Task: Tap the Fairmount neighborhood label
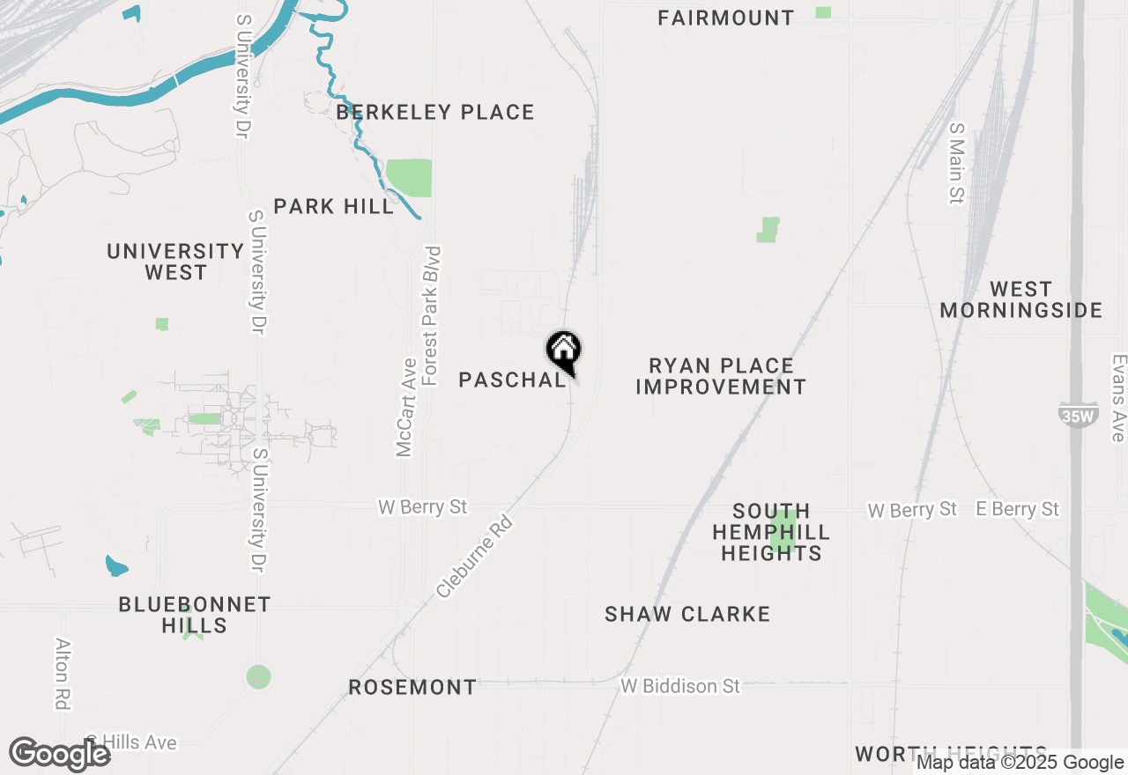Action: [x=725, y=18]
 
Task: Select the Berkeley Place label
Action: [x=435, y=113]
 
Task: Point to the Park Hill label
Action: [x=333, y=207]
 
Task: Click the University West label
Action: [x=175, y=262]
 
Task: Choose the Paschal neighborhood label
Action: [x=512, y=380]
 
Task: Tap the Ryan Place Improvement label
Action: [x=721, y=376]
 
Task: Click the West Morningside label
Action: [x=1020, y=299]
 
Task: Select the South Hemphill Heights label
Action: [x=771, y=532]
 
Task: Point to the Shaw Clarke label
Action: [x=687, y=614]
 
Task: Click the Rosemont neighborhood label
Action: [x=412, y=687]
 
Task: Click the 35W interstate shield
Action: [x=1077, y=415]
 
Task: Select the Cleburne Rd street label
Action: [x=474, y=557]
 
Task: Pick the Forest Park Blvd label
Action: [x=431, y=315]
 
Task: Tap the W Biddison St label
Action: [x=680, y=685]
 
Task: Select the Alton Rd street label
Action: [x=63, y=673]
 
